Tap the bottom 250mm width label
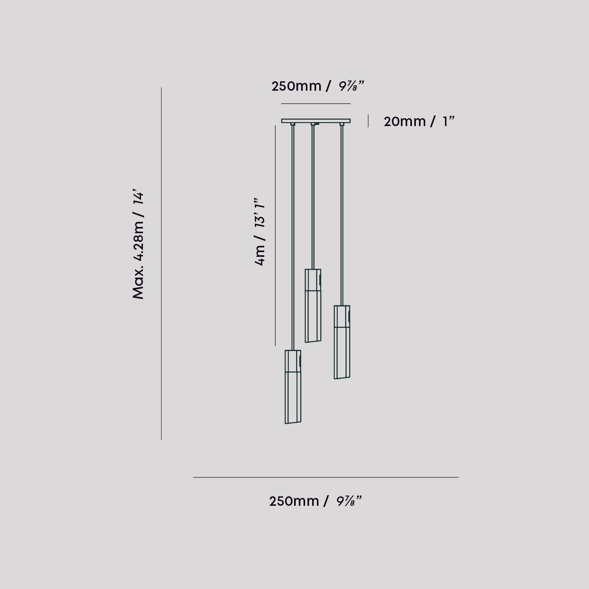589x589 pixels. coord(315,501)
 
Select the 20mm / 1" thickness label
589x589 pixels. coord(419,121)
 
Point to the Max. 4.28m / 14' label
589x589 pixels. coord(139,246)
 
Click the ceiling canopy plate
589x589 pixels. coord(316,121)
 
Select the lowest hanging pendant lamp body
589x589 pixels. coord(293,387)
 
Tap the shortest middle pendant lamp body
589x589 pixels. coord(313,305)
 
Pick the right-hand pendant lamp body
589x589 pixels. coord(342,342)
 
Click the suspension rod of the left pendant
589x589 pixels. coord(293,236)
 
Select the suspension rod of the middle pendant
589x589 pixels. coord(313,196)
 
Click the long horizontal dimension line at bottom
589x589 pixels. coord(326,477)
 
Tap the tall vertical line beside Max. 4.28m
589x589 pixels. coord(161,263)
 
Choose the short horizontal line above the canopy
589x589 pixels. coord(316,104)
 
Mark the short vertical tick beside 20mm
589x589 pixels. coord(368,121)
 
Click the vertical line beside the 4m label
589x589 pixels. coord(275,236)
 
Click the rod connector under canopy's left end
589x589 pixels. coord(293,124)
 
